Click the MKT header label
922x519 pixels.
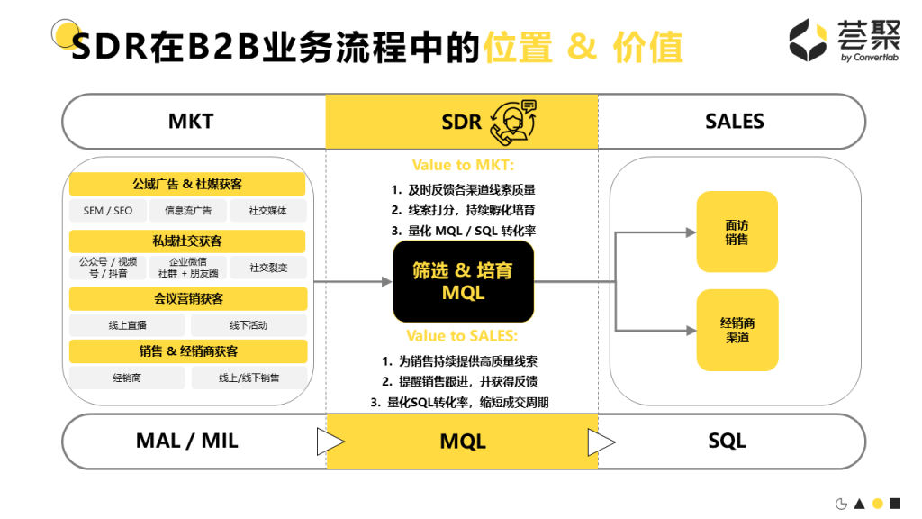pyautogui.click(x=191, y=122)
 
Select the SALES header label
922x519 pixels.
pyautogui.click(x=735, y=122)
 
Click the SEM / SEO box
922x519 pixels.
pyautogui.click(x=108, y=211)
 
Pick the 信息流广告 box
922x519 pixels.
pyautogui.click(x=187, y=211)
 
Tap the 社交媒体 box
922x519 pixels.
pyautogui.click(x=268, y=211)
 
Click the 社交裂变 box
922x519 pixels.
pyautogui.click(x=268, y=268)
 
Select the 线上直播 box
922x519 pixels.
pyautogui.click(x=126, y=325)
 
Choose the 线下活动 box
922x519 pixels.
pyautogui.click(x=249, y=325)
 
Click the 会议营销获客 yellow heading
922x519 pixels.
pyautogui.click(x=187, y=298)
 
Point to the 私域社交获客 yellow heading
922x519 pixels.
pyautogui.click(x=187, y=241)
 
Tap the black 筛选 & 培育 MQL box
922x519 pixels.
pyautogui.click(x=464, y=281)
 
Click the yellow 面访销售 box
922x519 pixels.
pyautogui.click(x=737, y=232)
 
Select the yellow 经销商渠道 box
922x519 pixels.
pyautogui.click(x=737, y=330)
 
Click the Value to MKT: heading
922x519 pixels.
pyautogui.click(x=463, y=165)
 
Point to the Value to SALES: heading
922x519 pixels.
pyautogui.click(x=462, y=336)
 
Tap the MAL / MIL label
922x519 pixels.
pyautogui.click(x=186, y=441)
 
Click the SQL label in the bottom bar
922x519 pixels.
pyautogui.click(x=727, y=441)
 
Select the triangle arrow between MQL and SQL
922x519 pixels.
pyautogui.click(x=601, y=442)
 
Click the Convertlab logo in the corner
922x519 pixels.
pyautogui.click(x=834, y=41)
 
